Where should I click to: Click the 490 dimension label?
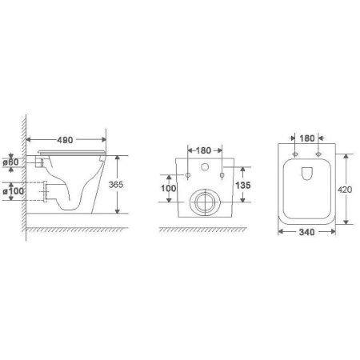pos(65,140)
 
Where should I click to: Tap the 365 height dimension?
pos(116,185)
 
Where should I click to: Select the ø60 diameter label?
pos(10,162)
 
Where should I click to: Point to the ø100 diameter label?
pos(14,191)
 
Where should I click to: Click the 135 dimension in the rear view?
pos(243,185)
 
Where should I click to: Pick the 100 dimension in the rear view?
pos(168,188)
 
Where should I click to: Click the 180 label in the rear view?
pos(203,150)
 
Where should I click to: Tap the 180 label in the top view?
pos(307,138)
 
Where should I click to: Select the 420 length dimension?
pos(345,190)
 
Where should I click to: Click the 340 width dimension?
pos(306,232)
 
